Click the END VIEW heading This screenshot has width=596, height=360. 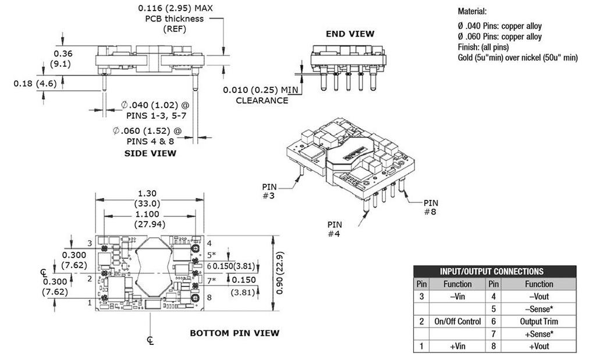[350, 34]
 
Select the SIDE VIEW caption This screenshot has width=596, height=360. [151, 154]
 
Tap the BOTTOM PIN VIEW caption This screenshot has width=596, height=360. [235, 333]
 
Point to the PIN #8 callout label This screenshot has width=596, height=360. [431, 207]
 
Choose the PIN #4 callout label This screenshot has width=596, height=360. [335, 229]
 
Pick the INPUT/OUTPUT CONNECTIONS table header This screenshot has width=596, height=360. [495, 271]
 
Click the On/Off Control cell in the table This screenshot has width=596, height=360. [457, 322]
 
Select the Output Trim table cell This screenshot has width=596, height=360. [539, 322]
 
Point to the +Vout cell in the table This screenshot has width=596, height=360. [539, 347]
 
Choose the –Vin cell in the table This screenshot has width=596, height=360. [457, 297]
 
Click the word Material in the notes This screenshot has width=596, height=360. [472, 11]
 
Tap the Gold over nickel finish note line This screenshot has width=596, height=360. [517, 58]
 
